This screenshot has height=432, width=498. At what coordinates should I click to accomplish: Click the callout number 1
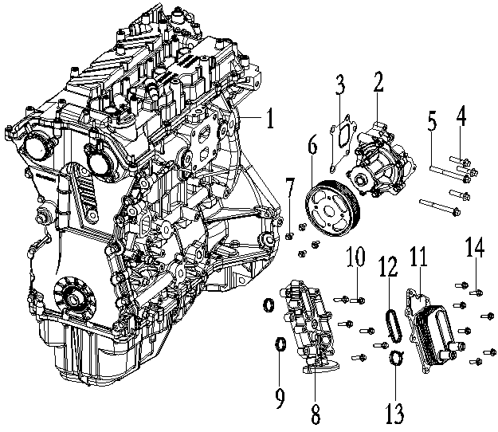click(270, 120)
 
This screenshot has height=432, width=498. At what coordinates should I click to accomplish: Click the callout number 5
click(432, 124)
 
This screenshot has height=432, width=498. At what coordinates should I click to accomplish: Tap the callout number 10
click(355, 257)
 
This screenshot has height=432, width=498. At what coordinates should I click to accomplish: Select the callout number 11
click(418, 257)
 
